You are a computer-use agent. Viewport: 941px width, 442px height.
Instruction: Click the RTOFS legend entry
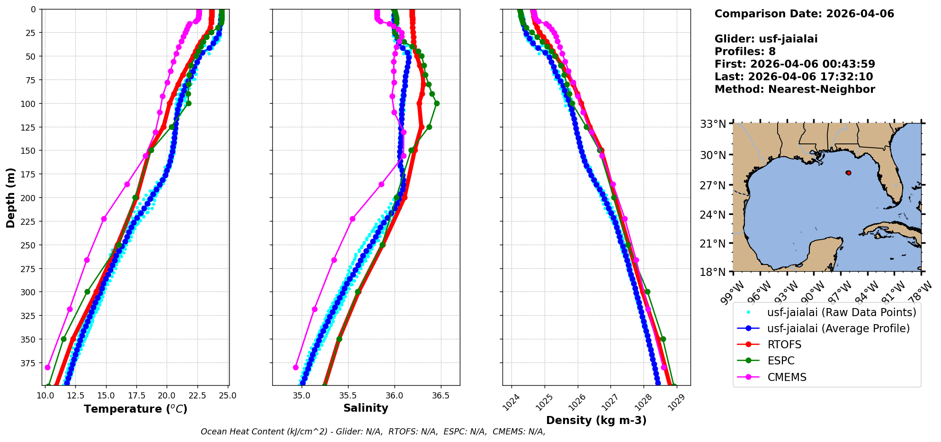coord(784,345)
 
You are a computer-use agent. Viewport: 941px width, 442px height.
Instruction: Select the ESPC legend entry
coord(780,361)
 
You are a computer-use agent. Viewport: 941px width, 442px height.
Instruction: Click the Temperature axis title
coord(135,409)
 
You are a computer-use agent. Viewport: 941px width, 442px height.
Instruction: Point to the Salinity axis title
coord(366,408)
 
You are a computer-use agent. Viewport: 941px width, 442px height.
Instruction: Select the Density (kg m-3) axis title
coord(596,420)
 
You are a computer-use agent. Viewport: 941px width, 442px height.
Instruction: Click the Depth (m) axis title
coord(10,197)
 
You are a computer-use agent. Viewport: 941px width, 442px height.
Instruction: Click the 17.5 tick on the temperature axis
coord(136,396)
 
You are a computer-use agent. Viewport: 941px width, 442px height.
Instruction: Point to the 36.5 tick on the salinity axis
coord(440,396)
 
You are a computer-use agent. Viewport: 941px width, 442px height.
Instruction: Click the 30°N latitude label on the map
coord(713,155)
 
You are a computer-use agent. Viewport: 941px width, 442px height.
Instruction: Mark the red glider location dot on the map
coord(849,173)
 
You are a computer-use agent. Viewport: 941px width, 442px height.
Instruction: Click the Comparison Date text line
coord(804,14)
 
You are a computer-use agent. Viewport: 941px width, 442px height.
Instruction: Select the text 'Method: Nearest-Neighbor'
coord(795,89)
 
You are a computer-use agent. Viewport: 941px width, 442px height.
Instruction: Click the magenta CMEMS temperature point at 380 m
coord(47,367)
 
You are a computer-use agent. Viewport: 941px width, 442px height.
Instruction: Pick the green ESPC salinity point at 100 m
coord(437,103)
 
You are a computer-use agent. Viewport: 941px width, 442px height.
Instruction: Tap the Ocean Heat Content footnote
coord(373,432)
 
